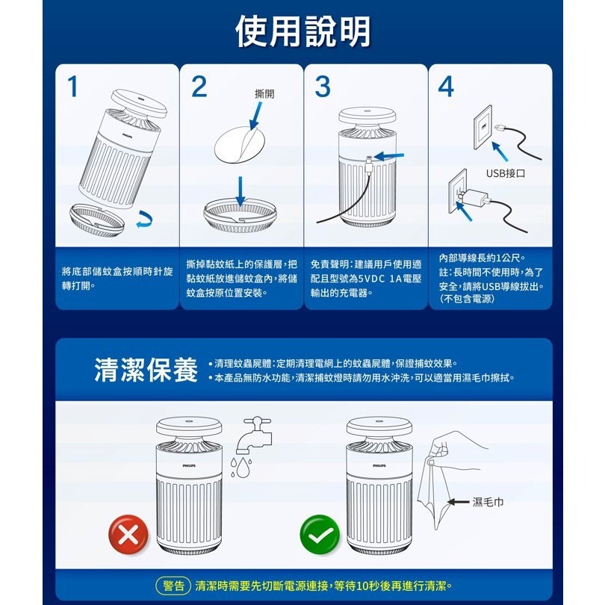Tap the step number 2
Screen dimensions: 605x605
tap(199, 87)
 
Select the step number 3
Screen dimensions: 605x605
tap(323, 87)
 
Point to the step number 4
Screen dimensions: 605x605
tap(446, 87)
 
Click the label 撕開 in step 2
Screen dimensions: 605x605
tap(264, 94)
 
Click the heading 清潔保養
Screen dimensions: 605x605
tap(146, 370)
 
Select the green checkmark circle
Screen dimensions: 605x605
tap(320, 534)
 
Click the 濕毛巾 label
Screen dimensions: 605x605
tap(488, 501)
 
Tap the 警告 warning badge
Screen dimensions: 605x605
tap(173, 586)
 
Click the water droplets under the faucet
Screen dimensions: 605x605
tap(241, 468)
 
